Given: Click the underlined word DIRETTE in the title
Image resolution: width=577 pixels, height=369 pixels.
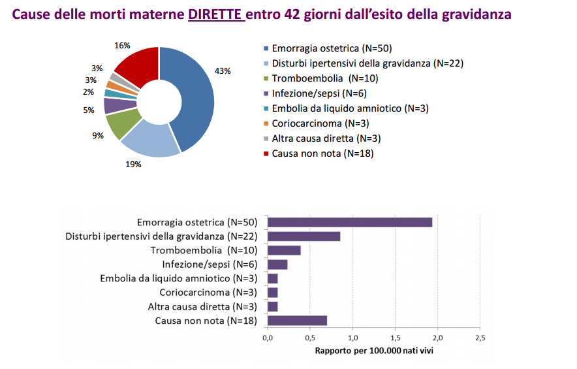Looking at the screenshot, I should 216,14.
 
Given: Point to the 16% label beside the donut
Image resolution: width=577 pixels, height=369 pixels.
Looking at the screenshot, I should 122,46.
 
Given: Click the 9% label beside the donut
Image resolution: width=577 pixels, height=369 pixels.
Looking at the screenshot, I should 98,136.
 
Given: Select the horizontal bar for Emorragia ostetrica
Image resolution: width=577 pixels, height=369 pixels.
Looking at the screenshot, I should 350,222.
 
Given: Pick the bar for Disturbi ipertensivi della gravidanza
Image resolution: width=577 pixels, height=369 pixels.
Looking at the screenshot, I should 304,236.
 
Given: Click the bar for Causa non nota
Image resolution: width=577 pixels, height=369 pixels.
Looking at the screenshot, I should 297,321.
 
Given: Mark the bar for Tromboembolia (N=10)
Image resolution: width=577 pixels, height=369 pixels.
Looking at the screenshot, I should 284,251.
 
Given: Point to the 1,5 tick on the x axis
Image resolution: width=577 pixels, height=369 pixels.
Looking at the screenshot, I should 395,338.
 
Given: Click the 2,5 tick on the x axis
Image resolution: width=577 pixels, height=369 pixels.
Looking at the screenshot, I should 480,338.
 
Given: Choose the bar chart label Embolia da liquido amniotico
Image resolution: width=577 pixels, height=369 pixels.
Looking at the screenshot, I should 179,279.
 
